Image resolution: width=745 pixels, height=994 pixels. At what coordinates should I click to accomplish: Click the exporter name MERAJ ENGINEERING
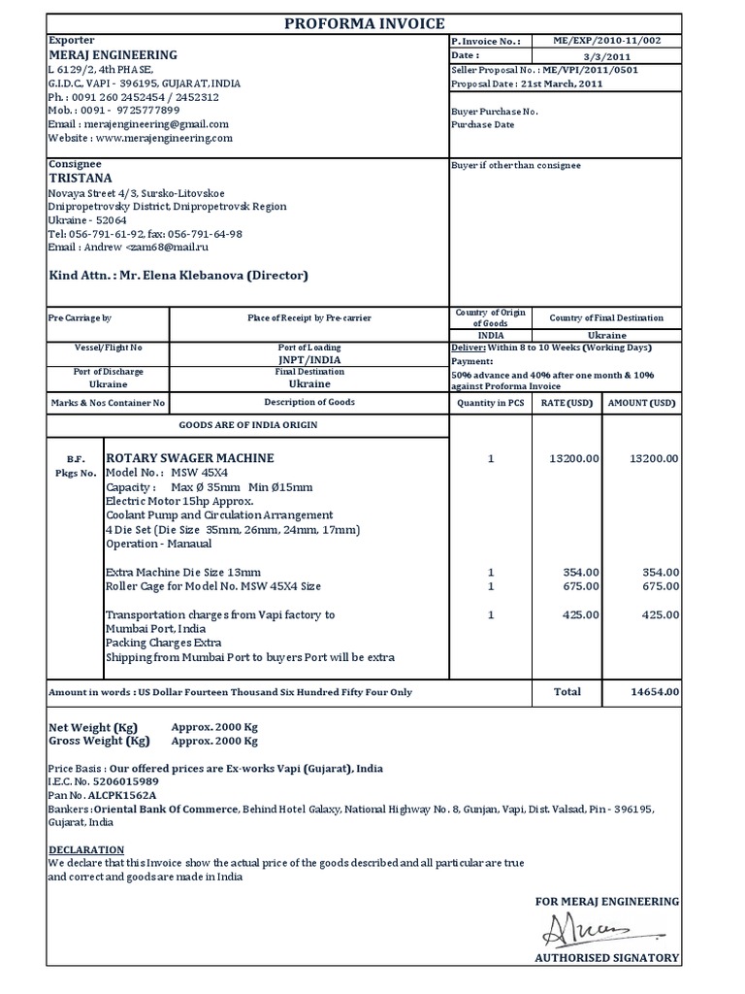click(113, 55)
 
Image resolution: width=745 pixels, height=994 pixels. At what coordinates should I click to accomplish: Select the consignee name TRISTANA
click(81, 179)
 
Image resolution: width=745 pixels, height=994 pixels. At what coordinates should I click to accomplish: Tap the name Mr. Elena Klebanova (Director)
click(213, 276)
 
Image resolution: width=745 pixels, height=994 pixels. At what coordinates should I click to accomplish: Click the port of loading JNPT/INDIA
click(308, 358)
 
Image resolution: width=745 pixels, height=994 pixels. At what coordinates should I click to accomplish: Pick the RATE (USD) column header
click(567, 403)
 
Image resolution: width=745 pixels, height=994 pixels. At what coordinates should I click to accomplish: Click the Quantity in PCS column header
click(491, 403)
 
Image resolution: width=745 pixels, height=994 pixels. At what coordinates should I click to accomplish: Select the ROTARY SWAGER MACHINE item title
click(189, 457)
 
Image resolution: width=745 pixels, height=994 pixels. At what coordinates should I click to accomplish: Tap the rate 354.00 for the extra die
click(582, 573)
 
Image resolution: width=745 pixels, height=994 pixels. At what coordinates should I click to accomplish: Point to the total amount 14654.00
click(655, 692)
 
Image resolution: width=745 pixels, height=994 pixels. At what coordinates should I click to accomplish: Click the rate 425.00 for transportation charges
click(582, 614)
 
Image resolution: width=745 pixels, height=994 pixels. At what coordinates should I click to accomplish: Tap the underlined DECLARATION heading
click(81, 848)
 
